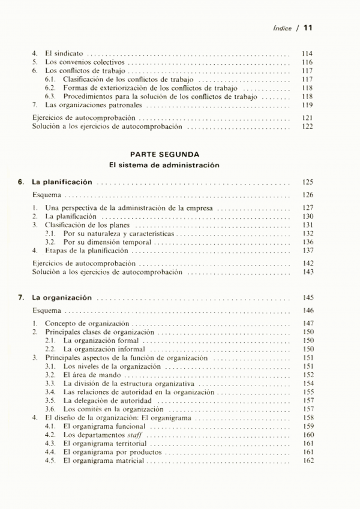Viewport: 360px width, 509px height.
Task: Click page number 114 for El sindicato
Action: pyautogui.click(x=308, y=53)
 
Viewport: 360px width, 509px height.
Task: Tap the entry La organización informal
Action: pyautogui.click(x=104, y=348)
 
